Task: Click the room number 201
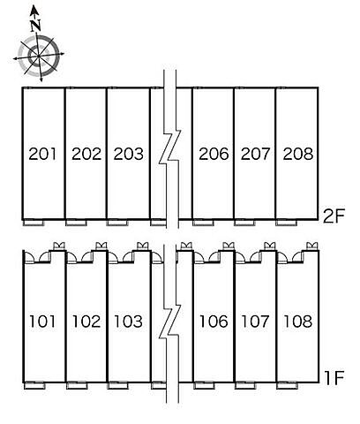42,154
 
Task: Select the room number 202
86,154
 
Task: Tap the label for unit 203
129,154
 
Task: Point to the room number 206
214,154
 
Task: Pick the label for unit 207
255,154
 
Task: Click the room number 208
297,154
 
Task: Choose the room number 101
42,322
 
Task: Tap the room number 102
86,322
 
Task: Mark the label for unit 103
129,322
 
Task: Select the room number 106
214,322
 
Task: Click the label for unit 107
255,322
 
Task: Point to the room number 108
297,322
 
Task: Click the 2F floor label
334,216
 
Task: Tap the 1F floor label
334,378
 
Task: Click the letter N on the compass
35,26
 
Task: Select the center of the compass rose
39,56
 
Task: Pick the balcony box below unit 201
34,223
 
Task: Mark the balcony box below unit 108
288,385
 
